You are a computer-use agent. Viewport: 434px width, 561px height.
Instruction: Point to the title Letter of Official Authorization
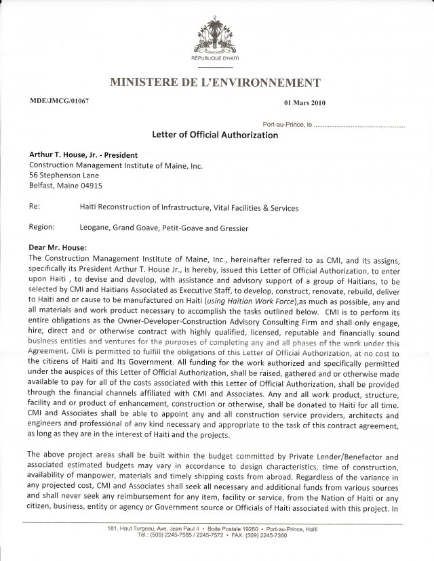217,135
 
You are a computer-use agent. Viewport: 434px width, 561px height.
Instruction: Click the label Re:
35,207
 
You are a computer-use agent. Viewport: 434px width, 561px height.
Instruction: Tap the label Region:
42,228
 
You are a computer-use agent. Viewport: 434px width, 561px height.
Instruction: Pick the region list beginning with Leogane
163,228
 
